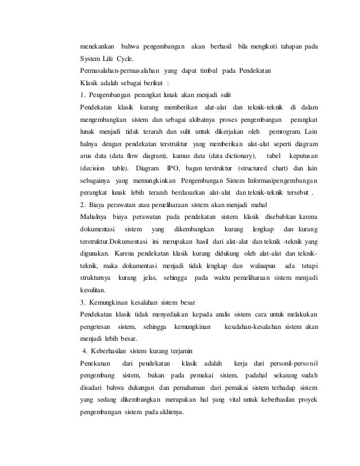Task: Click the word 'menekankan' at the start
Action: coord(99,45)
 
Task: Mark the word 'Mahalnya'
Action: coord(96,217)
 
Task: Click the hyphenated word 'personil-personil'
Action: coord(289,363)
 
